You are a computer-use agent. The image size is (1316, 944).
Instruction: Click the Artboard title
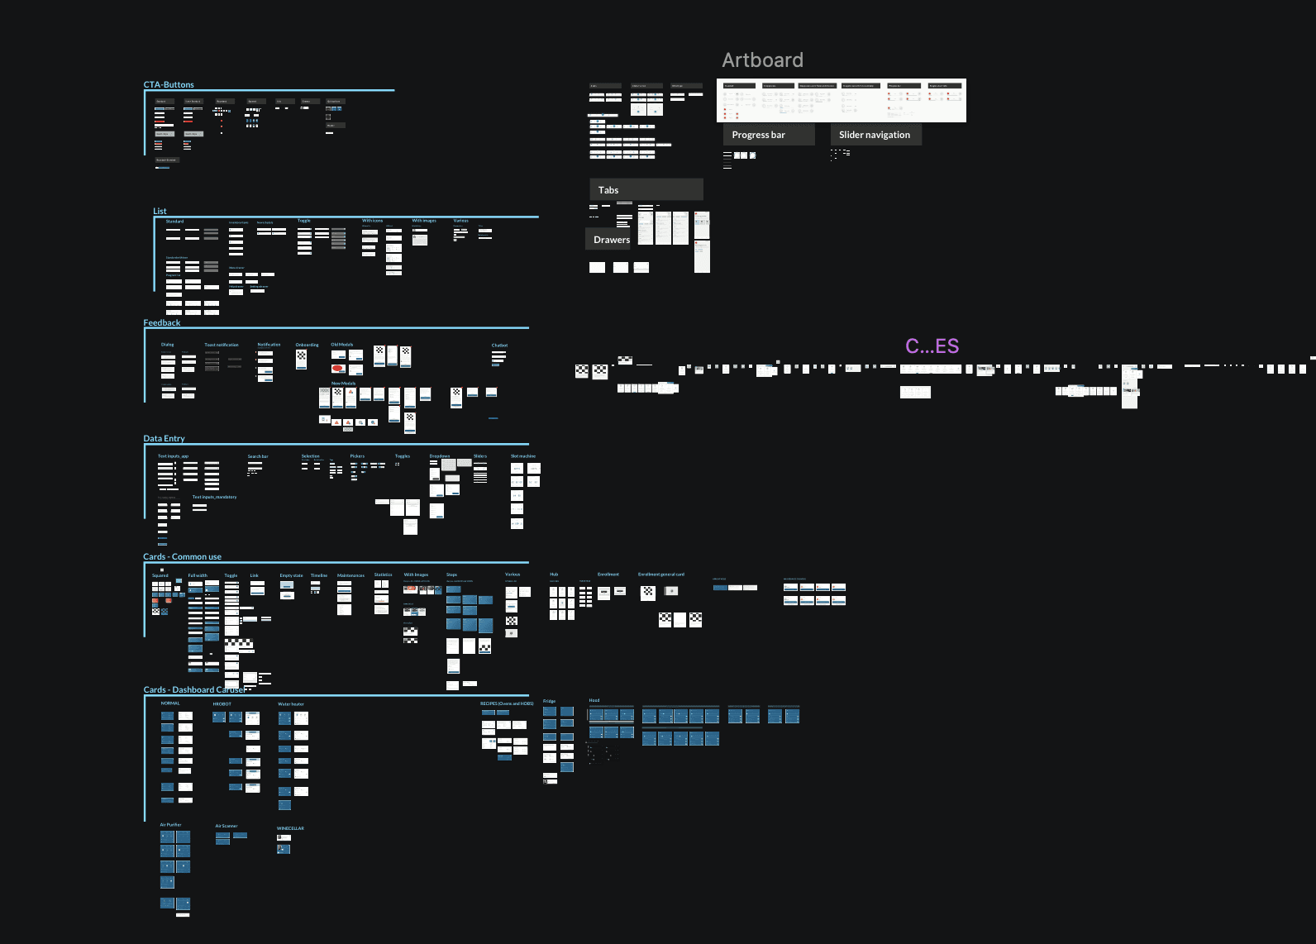762,60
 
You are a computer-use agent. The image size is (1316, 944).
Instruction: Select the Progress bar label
758,135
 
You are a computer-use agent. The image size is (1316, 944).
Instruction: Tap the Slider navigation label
874,135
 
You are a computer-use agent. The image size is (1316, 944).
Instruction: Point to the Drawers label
611,240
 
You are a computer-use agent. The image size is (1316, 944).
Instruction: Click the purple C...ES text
932,346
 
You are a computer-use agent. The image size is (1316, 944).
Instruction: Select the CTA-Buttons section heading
169,85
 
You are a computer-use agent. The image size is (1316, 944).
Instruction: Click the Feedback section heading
161,323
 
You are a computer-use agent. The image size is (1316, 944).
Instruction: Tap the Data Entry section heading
164,439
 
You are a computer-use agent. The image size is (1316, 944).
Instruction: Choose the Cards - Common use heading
182,557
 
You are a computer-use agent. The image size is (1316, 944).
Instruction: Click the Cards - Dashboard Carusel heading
194,690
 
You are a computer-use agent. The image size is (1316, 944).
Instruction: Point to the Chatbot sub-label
499,346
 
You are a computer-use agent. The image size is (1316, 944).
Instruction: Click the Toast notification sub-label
221,346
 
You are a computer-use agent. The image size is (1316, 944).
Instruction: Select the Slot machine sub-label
522,456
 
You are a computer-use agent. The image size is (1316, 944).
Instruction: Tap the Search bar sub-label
258,456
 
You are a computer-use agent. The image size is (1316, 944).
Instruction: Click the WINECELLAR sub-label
290,828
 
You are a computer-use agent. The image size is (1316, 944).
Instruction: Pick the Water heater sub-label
291,704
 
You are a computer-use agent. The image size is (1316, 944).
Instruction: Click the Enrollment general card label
660,575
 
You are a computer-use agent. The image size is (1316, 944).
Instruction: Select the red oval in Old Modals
337,369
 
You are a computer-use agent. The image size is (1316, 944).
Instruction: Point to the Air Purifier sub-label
170,825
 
